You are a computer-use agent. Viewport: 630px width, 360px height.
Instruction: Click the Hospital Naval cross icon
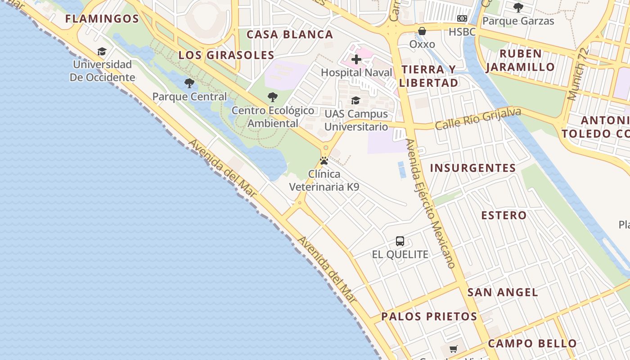[356, 59]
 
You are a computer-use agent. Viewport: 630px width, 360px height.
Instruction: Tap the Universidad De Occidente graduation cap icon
[102, 51]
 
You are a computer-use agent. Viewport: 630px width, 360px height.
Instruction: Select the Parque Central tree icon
[189, 83]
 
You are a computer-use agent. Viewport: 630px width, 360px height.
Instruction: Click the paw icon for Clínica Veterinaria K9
[324, 161]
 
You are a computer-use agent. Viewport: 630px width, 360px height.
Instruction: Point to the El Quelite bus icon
[400, 241]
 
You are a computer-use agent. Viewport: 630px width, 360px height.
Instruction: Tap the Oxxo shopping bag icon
[422, 31]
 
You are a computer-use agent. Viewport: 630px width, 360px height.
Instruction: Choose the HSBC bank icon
[462, 18]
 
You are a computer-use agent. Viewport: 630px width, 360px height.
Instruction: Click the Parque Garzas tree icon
[518, 7]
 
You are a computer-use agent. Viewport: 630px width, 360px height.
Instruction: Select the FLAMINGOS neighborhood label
[102, 19]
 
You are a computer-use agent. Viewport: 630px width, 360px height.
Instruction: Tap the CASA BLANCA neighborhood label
[290, 35]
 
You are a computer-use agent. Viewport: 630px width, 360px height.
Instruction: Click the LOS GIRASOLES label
[226, 55]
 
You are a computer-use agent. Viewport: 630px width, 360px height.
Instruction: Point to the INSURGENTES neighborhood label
[473, 168]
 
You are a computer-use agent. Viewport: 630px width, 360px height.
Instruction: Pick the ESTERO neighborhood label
[504, 216]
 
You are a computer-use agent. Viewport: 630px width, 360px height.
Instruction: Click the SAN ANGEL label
[503, 292]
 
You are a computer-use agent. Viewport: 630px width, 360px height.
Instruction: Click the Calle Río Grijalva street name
[478, 118]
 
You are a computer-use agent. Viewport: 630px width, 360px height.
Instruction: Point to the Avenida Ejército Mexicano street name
[431, 202]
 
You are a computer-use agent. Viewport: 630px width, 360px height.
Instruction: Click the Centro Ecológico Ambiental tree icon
[272, 97]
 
